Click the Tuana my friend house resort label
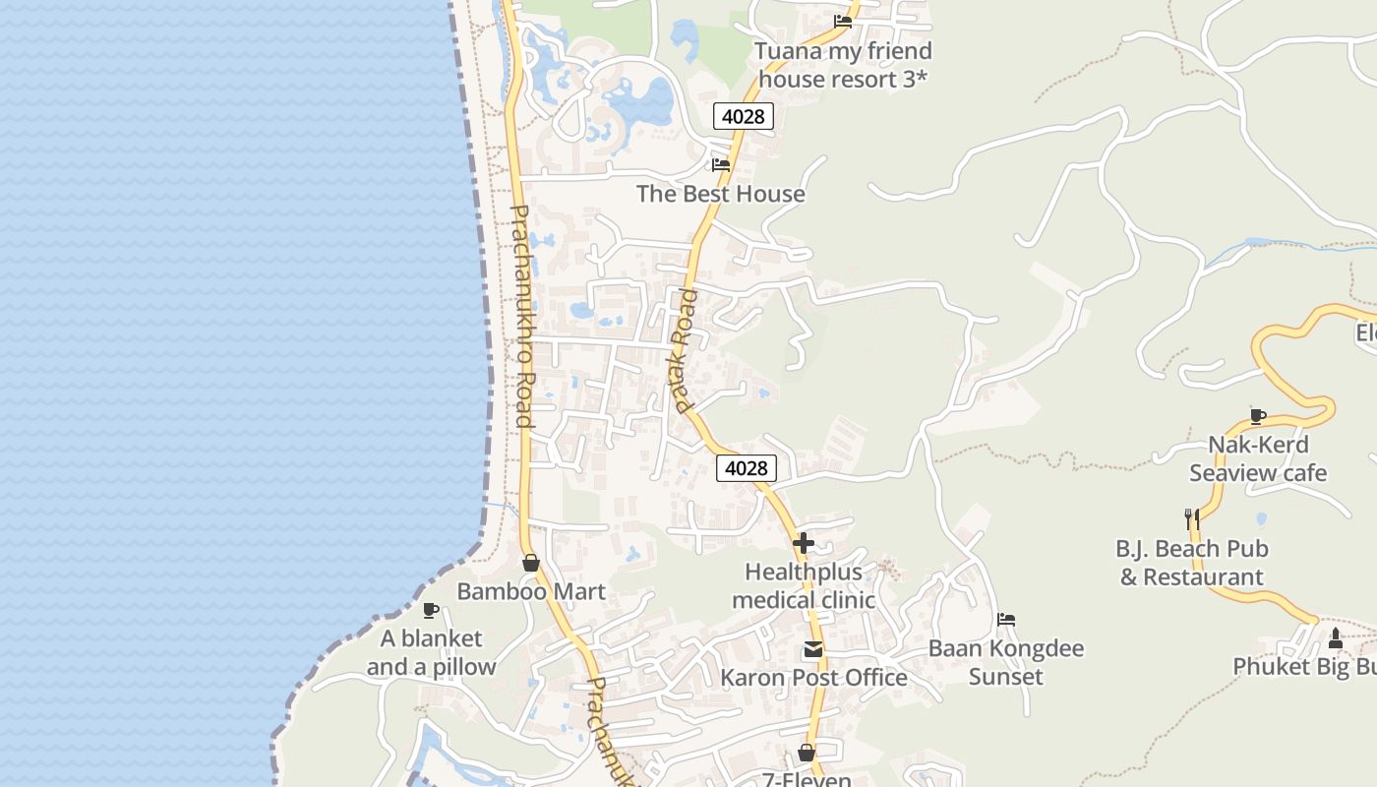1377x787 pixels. coord(843,65)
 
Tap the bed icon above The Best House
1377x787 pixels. coord(721,164)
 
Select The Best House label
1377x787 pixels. coord(720,194)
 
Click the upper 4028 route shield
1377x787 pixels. coord(743,116)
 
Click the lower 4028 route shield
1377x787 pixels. coord(746,468)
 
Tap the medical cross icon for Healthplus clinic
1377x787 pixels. coord(804,542)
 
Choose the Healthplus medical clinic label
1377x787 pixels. coord(803,585)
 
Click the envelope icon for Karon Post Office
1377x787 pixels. coord(813,649)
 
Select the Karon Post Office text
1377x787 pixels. coord(813,678)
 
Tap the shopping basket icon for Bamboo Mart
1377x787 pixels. coord(531,563)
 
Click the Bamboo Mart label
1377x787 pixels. coord(531,591)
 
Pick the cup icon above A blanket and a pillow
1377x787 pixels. coord(430,610)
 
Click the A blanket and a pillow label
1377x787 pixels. coord(432,652)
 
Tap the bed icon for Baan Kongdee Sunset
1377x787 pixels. coord(1006,620)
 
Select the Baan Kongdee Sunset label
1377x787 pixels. coord(1006,662)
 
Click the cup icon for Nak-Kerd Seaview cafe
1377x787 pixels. coord(1257,415)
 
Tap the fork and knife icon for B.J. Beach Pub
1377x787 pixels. coord(1191,517)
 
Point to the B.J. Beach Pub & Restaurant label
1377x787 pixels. coord(1191,563)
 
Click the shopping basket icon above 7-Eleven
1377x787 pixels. coord(807,753)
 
